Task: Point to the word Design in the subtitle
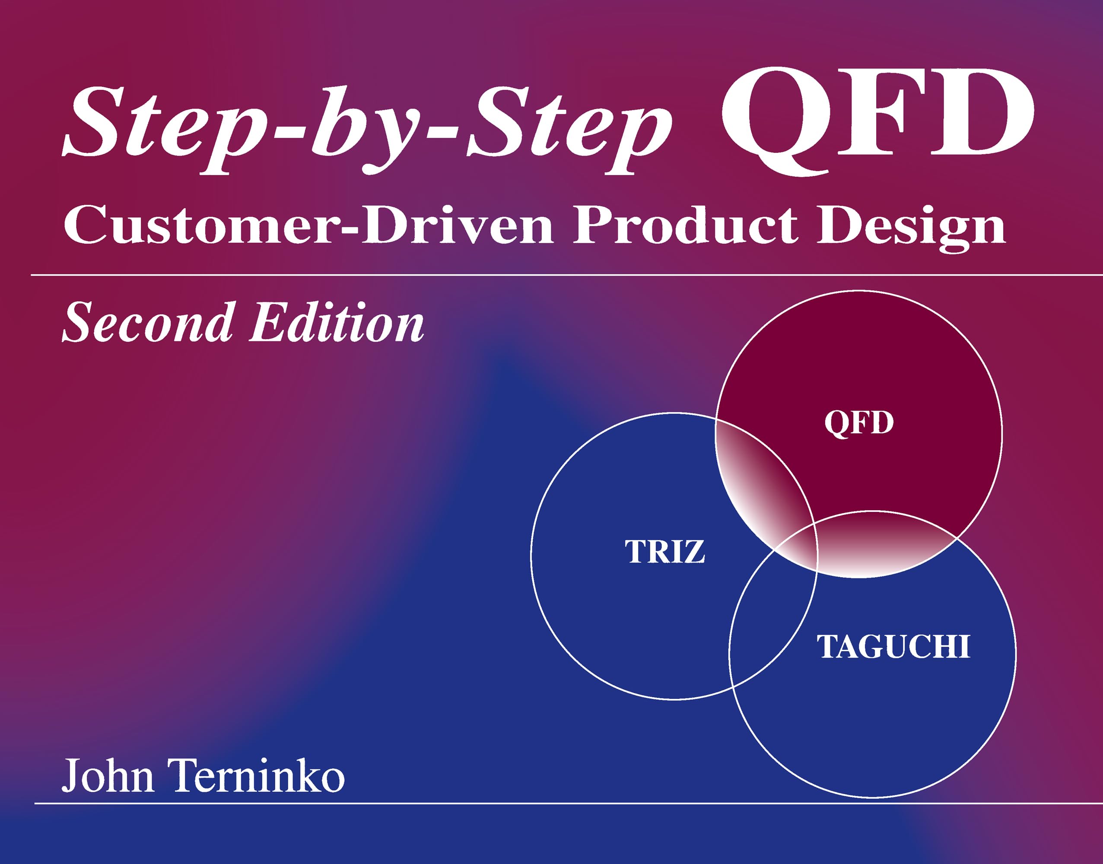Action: click(x=911, y=228)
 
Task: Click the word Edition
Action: click(x=337, y=322)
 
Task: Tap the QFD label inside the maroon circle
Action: click(x=858, y=423)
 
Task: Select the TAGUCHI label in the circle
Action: click(x=893, y=646)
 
